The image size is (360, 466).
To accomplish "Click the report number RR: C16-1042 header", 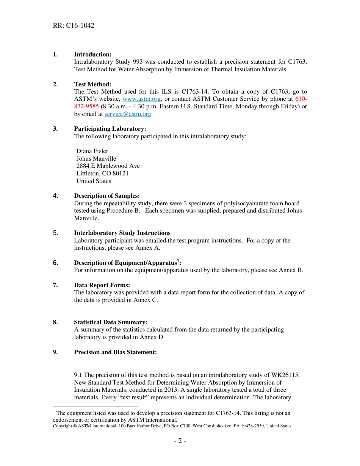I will [74, 25].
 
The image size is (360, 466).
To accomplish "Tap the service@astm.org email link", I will [128, 114].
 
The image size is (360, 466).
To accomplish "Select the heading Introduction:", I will [92, 55].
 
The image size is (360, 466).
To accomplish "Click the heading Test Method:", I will [92, 84].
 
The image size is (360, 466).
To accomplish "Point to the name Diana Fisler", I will [92, 151].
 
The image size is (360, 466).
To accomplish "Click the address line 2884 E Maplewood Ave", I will [108, 166].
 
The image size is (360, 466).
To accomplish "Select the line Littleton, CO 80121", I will [102, 174].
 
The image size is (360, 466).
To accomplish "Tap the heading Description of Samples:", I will [106, 196].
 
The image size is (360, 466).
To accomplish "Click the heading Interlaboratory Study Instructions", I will [122, 233].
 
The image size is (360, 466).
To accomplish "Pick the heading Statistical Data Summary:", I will [110, 322].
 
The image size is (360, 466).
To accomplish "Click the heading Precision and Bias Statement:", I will [115, 352].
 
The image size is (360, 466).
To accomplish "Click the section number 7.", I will [55, 285].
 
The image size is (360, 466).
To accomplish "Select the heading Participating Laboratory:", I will [110, 129].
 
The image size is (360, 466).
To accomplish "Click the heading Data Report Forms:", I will [102, 285].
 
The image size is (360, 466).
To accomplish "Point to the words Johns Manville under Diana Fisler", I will [96, 159].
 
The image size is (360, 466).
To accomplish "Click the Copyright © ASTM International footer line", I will [172, 426].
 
